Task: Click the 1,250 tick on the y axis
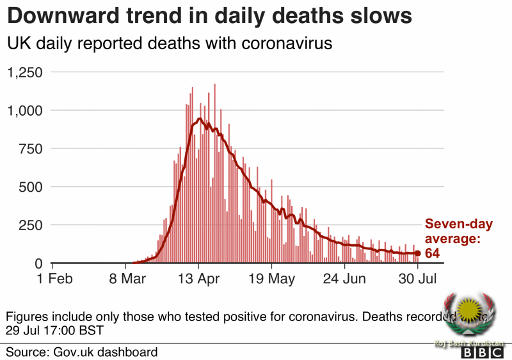tap(24, 72)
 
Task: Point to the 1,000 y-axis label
tap(24, 111)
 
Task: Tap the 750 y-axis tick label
tap(30, 149)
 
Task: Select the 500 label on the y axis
tap(30, 187)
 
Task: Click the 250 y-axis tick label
tap(30, 226)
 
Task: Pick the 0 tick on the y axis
tap(38, 263)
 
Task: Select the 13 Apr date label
tap(198, 279)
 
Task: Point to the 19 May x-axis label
tap(272, 279)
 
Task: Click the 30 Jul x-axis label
tap(419, 279)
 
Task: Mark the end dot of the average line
tap(418, 254)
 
